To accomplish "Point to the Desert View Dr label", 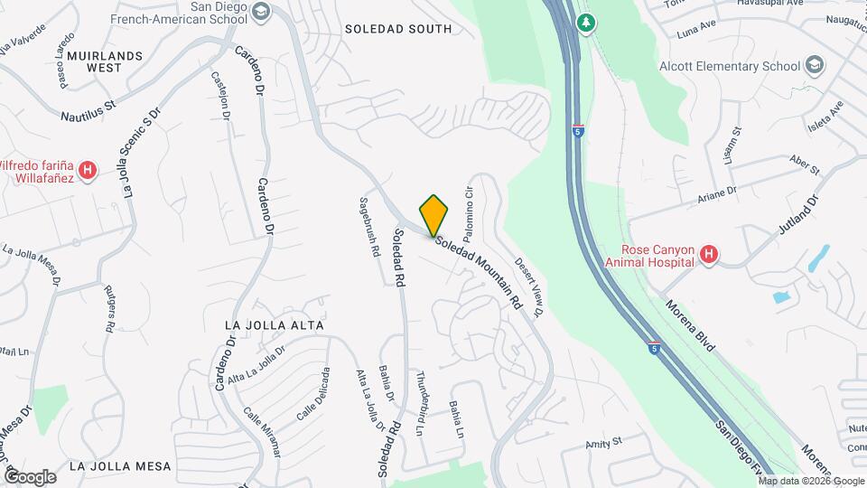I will (527, 287).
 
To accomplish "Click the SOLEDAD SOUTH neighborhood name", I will (398, 29).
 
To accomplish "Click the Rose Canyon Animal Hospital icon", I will (709, 256).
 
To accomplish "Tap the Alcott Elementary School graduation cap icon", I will (815, 65).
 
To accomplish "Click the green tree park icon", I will (587, 21).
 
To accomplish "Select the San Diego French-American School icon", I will (261, 12).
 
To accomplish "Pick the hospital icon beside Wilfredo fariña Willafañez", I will (88, 170).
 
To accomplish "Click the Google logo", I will (30, 476).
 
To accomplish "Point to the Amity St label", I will (604, 442).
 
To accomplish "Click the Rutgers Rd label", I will (110, 307).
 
